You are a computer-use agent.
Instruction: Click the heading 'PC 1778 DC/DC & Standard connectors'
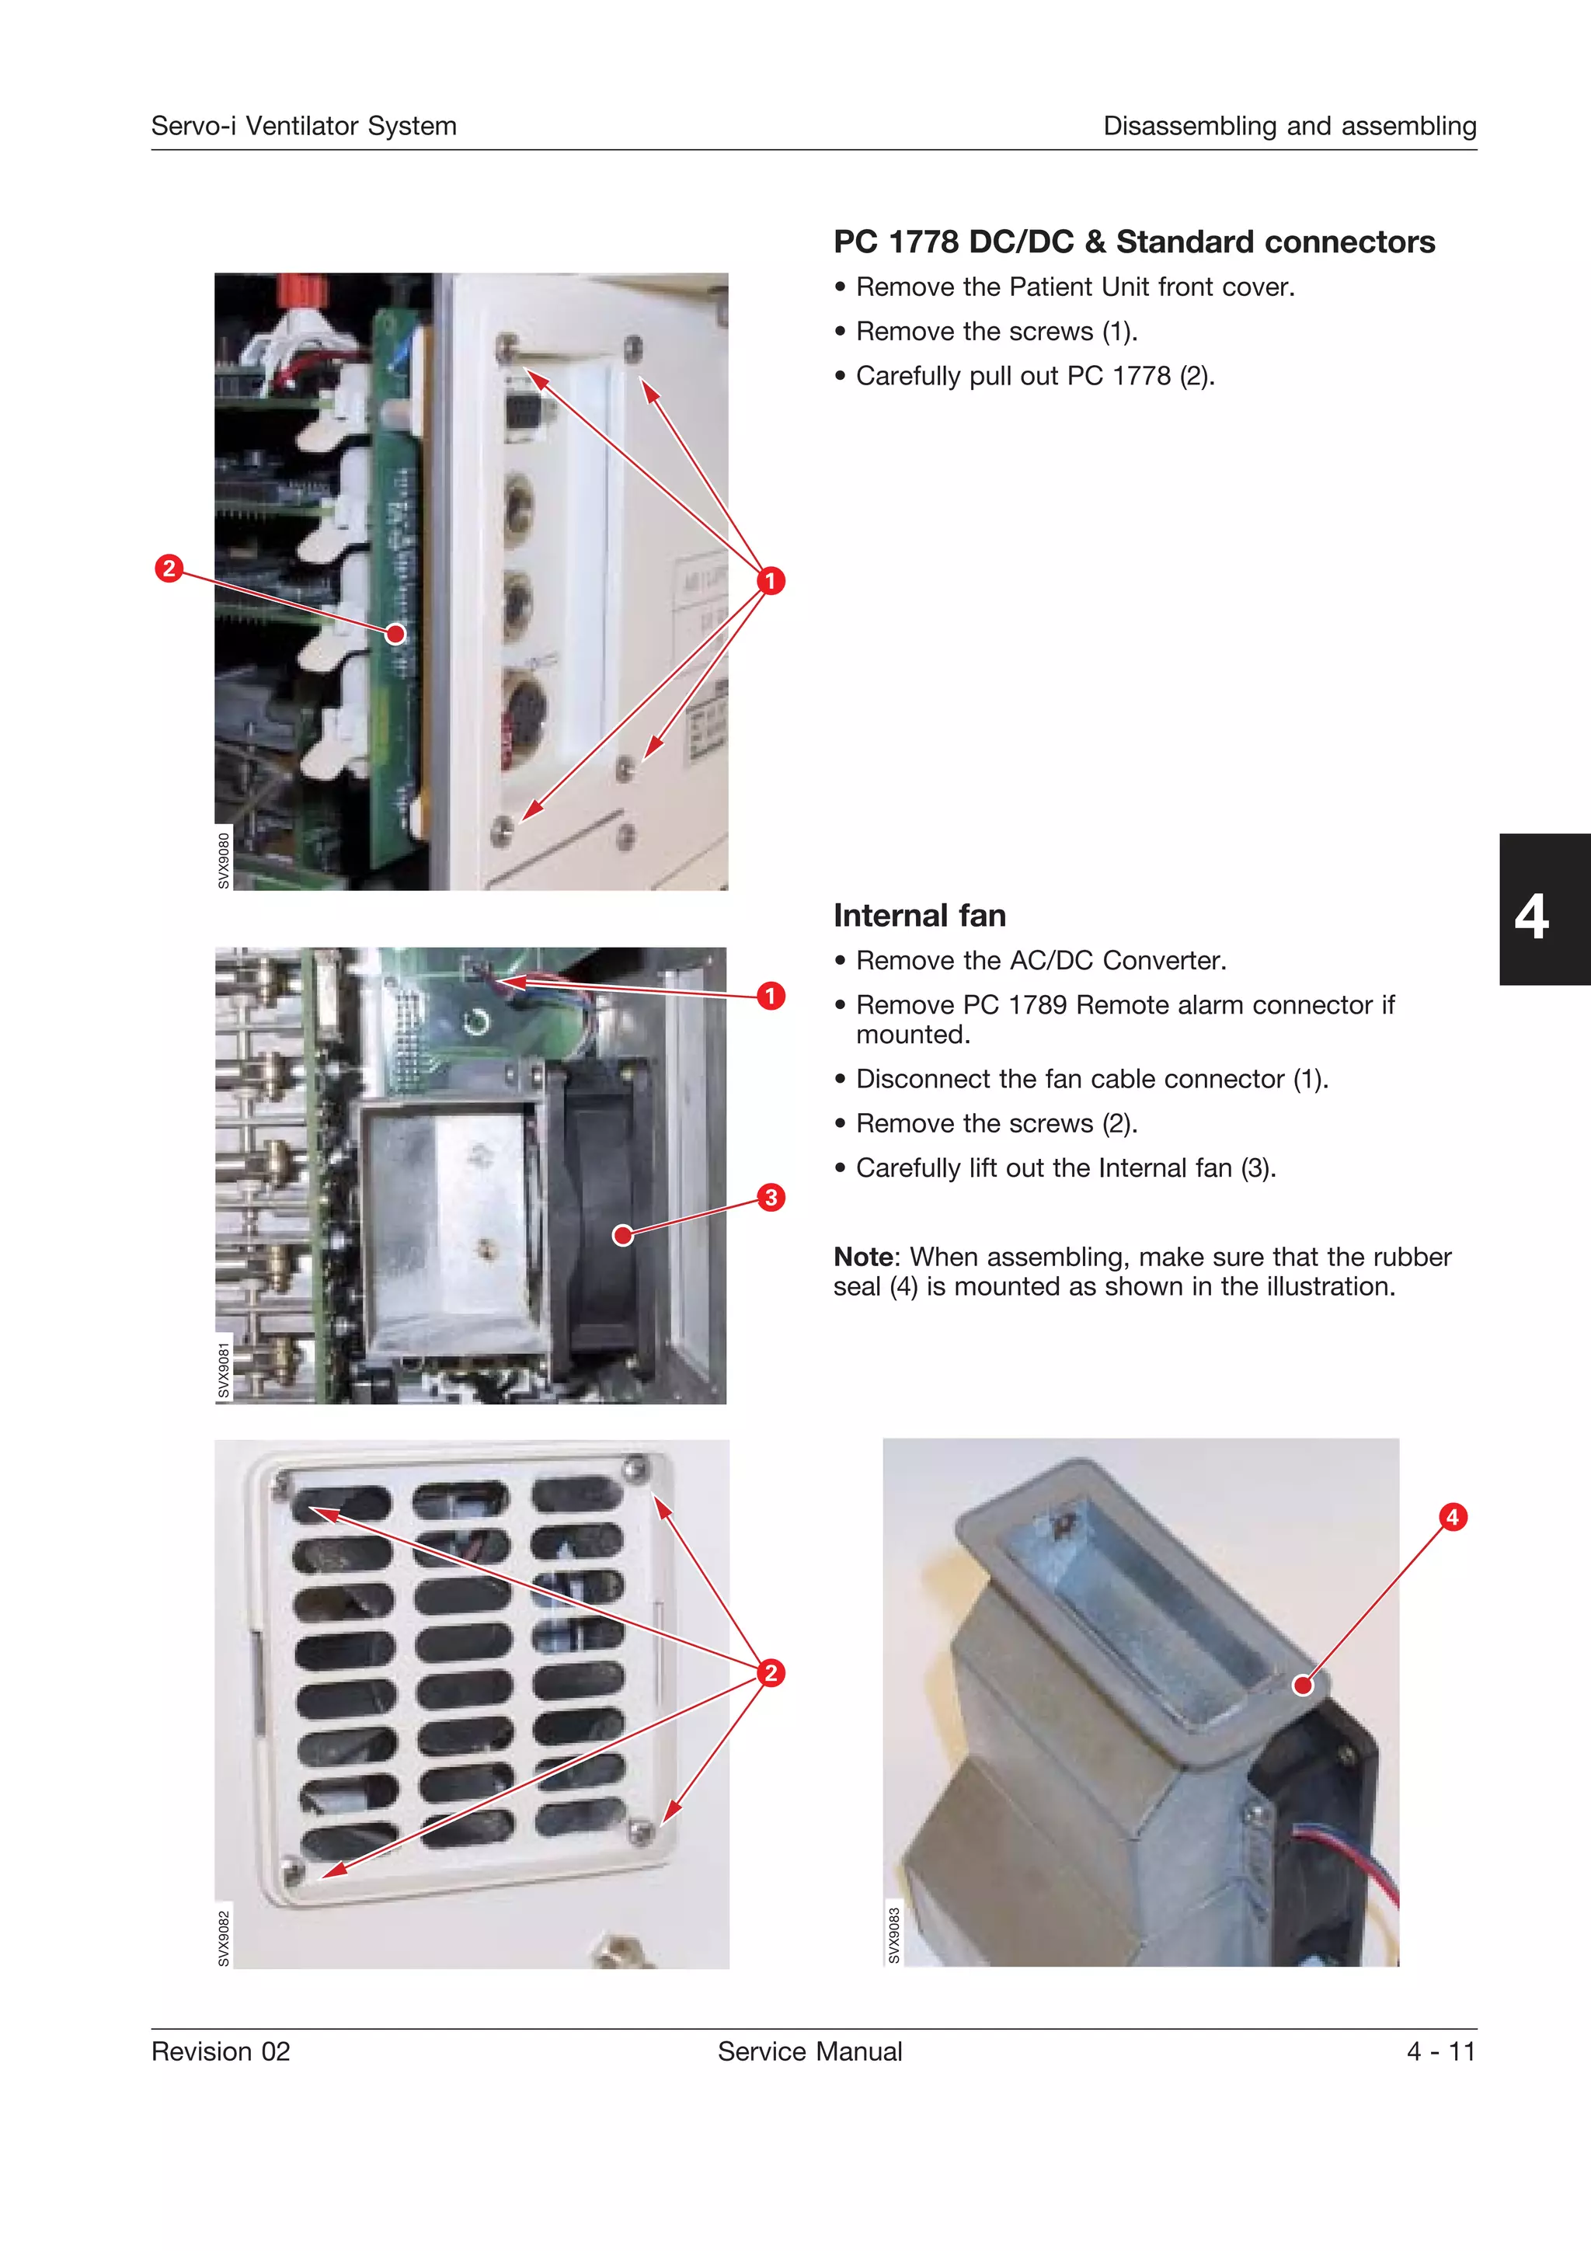[1133, 242]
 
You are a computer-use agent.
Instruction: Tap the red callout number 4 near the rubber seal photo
[1452, 1517]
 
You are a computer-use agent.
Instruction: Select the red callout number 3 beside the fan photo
[771, 1197]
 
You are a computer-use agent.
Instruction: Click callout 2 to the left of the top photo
[169, 568]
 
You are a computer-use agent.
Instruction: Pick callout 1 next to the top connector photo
[771, 580]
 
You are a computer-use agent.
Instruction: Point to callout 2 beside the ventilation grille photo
[771, 1672]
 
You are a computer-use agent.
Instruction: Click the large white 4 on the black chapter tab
[1531, 917]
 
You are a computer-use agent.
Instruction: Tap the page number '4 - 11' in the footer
[1440, 2051]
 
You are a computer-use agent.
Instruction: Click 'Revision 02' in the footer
[221, 2051]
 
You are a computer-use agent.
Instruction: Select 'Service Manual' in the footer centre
[809, 2051]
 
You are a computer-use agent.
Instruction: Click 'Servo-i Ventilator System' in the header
[304, 127]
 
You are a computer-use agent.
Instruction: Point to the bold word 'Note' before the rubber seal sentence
[862, 1257]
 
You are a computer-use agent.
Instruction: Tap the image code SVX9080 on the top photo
[224, 861]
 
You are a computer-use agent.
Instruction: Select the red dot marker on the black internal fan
[622, 1235]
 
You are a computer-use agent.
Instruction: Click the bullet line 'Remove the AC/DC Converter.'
[1040, 961]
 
